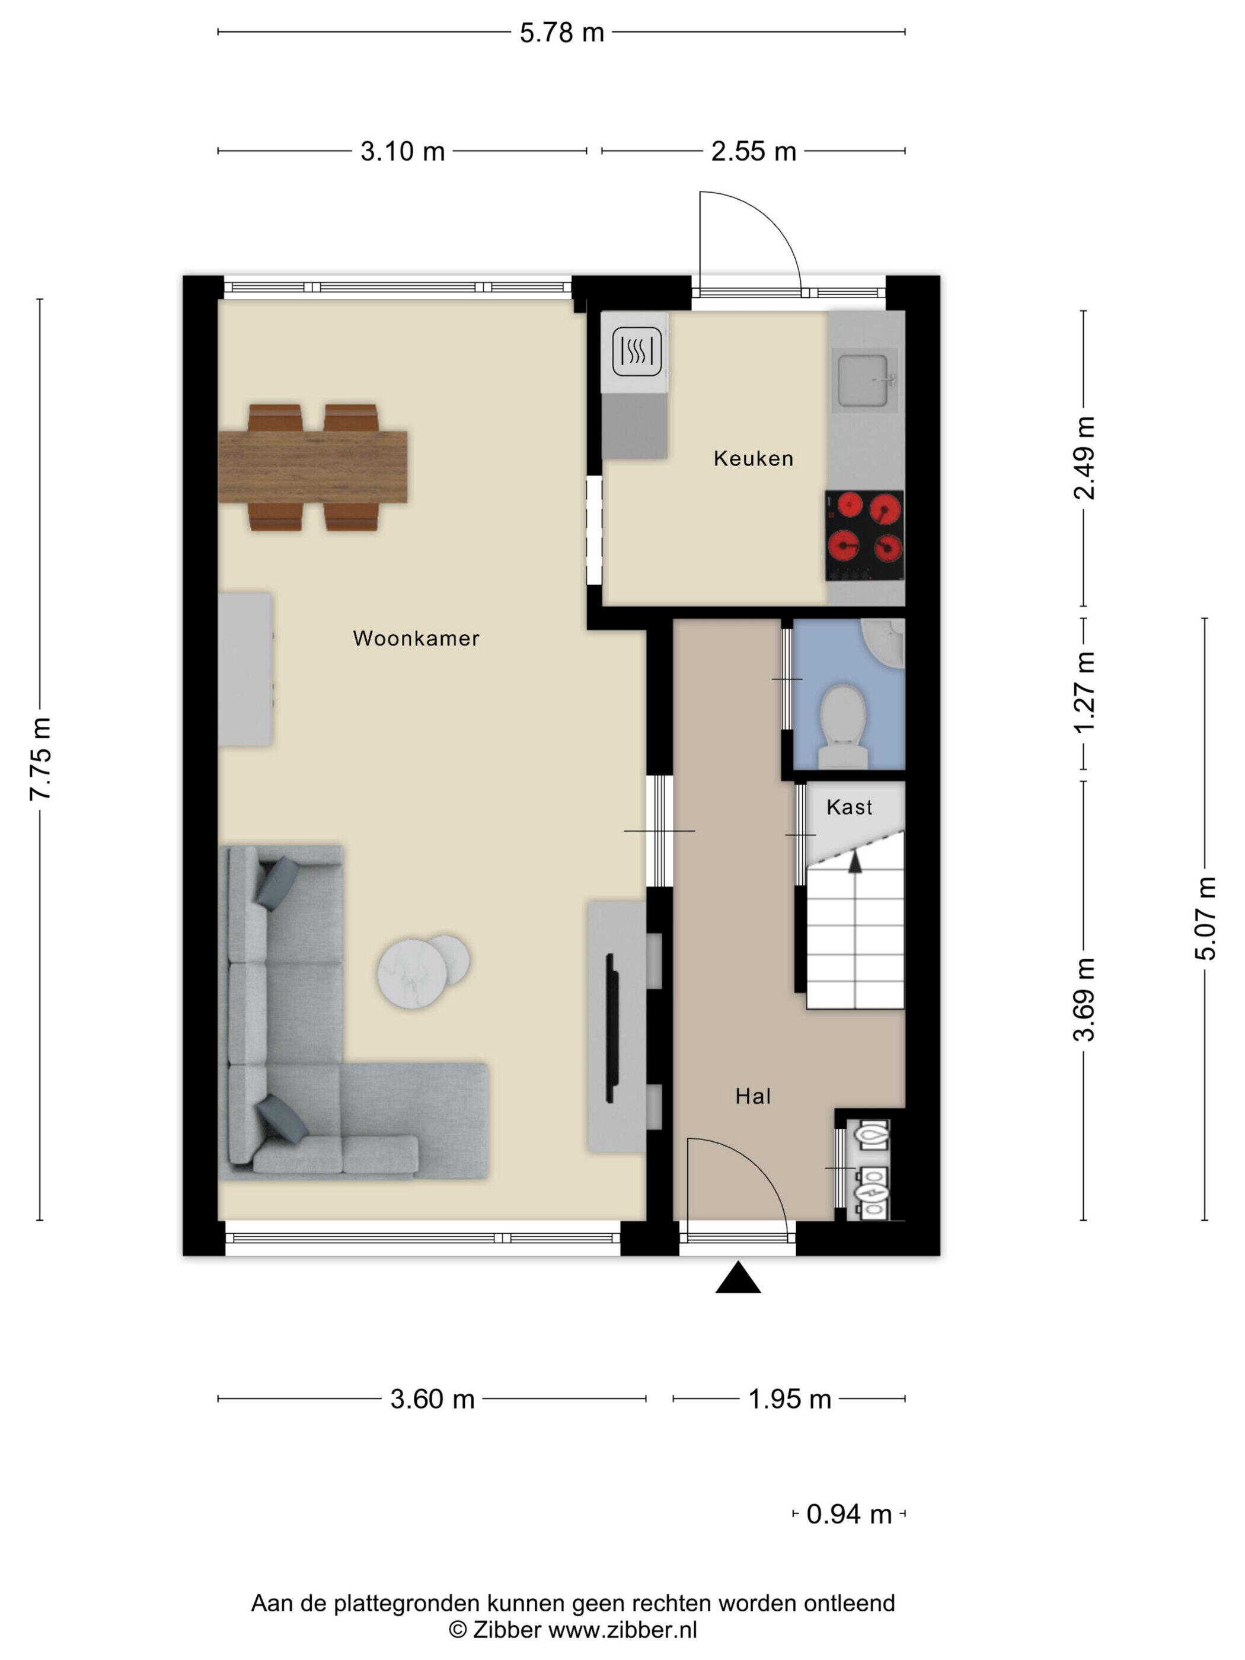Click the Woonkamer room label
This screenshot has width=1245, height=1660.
[x=416, y=639]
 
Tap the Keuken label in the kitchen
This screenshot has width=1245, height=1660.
[x=753, y=458]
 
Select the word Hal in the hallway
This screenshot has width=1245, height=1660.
[x=753, y=1096]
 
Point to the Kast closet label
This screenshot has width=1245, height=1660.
[x=849, y=807]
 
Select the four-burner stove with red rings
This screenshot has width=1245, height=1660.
[x=864, y=536]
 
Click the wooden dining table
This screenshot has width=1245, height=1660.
[x=312, y=467]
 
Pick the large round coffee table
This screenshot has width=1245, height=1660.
[x=412, y=974]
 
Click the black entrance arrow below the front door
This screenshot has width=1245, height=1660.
[x=738, y=1277]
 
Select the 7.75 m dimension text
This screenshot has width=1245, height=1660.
[x=40, y=759]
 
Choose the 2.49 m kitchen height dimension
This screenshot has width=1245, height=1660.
[x=1084, y=458]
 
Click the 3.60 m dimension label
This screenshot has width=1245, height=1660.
[x=432, y=1399]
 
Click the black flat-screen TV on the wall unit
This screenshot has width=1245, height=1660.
[x=612, y=1029]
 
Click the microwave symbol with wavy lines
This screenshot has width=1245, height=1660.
[x=636, y=351]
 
